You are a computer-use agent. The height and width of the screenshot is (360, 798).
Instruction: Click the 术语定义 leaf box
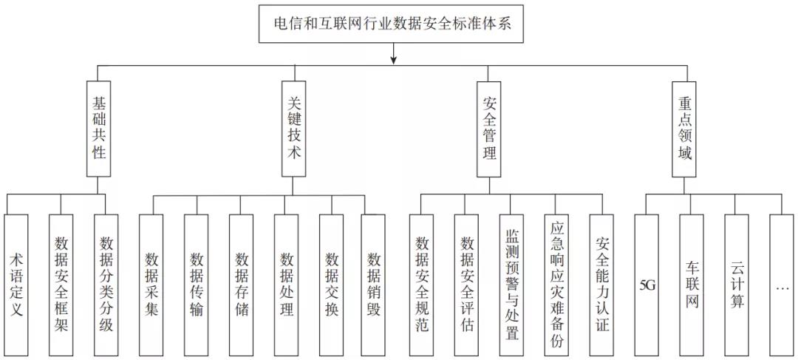point(16,283)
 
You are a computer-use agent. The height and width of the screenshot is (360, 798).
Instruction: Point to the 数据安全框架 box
point(61,283)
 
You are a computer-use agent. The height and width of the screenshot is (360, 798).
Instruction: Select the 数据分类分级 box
point(106,283)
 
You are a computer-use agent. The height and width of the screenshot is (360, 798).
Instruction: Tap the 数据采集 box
point(151,283)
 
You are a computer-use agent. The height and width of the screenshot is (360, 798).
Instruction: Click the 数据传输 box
point(197,283)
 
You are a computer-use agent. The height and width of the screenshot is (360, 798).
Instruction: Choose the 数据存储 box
point(242,283)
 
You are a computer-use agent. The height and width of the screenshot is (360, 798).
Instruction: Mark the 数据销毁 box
point(374,283)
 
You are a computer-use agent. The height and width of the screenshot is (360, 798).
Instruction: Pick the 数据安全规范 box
point(422,283)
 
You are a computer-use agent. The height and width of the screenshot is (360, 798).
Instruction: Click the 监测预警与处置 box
point(511,283)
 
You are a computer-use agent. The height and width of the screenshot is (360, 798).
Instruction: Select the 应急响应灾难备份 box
point(556,283)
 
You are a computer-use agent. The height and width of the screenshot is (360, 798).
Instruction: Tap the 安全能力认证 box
point(601,283)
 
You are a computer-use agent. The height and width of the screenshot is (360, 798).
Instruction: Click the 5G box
point(647,283)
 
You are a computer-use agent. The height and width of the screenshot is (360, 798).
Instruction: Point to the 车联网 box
point(692,283)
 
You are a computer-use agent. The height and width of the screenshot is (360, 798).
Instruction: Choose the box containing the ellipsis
point(782,283)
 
